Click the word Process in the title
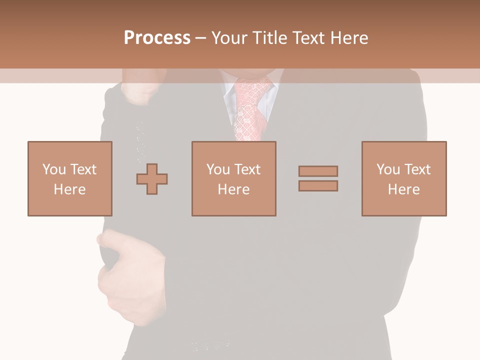pyautogui.click(x=157, y=38)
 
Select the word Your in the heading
pyautogui.click(x=230, y=38)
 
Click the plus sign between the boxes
pyautogui.click(x=152, y=179)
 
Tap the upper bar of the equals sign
pyautogui.click(x=318, y=171)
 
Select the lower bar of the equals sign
pyautogui.click(x=318, y=186)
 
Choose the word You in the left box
pyautogui.click(x=53, y=169)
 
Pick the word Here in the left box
pyautogui.click(x=69, y=189)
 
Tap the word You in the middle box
pyautogui.click(x=217, y=169)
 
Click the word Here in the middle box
pyautogui.click(x=233, y=189)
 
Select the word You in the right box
pyautogui.click(x=387, y=169)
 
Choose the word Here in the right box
pyautogui.click(x=403, y=189)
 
